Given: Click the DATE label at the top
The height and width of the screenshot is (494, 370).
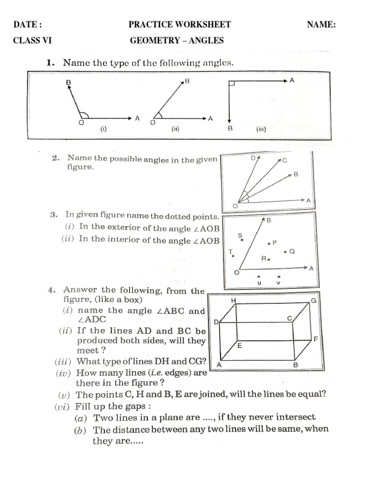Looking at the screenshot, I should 27,25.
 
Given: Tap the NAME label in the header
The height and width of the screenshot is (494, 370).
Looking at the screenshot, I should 321,25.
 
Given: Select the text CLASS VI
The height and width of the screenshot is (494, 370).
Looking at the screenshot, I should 32,41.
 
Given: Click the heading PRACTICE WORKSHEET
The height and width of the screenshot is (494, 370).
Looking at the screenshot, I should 180,25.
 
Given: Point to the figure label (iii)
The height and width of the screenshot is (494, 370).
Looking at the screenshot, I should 261,129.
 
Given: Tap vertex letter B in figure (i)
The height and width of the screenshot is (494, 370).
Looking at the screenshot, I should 68,83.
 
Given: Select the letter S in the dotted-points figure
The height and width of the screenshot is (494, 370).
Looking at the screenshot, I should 240,235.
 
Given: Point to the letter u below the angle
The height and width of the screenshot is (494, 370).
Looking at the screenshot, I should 259,283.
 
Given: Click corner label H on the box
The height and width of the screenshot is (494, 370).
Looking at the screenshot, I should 234,301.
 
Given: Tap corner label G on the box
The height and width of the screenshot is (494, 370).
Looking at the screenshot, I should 313,301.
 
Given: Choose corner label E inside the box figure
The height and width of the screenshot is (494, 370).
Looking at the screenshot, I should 239,346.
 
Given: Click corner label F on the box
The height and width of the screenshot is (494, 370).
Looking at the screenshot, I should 316,339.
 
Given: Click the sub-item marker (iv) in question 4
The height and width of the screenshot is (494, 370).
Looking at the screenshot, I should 65,373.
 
